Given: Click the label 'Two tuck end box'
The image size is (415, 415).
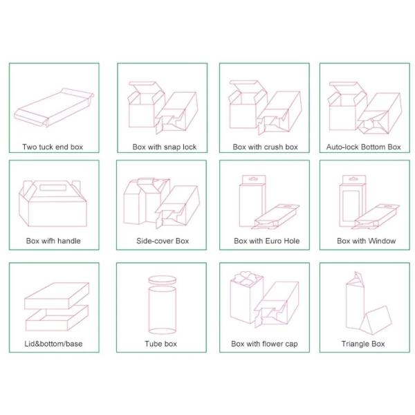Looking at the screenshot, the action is (53, 147).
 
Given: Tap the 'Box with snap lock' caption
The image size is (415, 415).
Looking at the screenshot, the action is (165, 147).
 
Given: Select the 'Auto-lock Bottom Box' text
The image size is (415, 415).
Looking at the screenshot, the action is (363, 147).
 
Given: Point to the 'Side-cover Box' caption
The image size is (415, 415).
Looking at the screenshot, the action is (163, 241).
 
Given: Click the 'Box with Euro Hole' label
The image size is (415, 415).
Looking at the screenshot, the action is (266, 241).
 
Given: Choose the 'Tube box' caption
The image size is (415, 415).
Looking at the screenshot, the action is (160, 344).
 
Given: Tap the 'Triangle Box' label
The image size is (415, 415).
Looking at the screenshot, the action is (363, 344).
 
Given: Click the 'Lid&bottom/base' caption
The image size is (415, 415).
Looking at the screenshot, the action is (53, 344).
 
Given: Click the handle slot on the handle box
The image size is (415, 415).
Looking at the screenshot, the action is (53, 187).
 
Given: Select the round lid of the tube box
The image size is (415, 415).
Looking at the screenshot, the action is (162, 280).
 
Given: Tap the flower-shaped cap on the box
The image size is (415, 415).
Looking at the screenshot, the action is (246, 279).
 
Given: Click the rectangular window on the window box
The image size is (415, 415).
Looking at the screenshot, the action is (351, 205).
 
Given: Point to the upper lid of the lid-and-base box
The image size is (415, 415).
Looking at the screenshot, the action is (57, 295).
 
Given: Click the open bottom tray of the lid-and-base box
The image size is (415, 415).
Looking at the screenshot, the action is (57, 318).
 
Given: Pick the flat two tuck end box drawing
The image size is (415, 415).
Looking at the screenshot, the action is (54, 107).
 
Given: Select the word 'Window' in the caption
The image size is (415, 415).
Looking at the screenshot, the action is (382, 241).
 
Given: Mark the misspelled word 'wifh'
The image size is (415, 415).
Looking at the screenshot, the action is (48, 241).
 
